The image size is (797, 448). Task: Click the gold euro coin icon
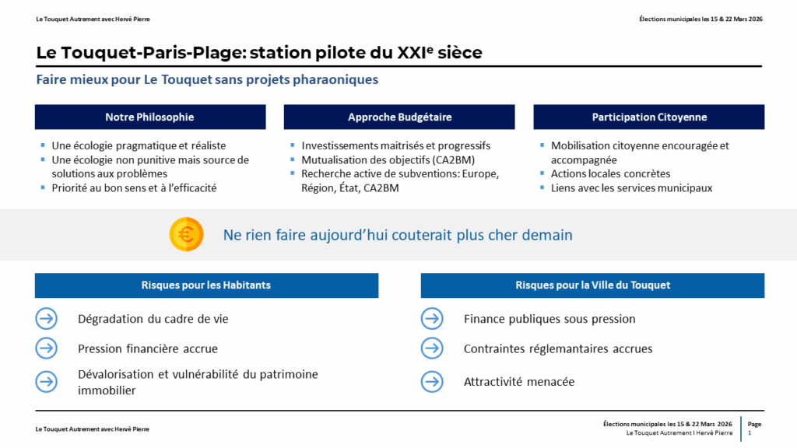tap(187, 234)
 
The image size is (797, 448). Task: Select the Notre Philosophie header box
tap(150, 117)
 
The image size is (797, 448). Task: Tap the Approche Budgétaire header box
tap(399, 117)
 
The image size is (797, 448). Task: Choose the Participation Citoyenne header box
tap(649, 117)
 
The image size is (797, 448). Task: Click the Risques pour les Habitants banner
tap(207, 285)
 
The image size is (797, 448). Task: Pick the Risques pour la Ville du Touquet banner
tap(592, 285)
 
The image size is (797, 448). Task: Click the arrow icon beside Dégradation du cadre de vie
tap(46, 319)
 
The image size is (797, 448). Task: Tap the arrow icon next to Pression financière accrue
tap(46, 348)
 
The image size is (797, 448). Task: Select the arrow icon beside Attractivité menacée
tap(432, 382)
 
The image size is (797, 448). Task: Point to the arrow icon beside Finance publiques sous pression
tap(432, 319)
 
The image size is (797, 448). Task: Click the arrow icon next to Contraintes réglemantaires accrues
tap(432, 348)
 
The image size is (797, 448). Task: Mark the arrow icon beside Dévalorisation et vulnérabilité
tap(46, 382)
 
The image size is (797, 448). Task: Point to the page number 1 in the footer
tap(750, 433)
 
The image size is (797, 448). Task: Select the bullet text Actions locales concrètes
tap(610, 173)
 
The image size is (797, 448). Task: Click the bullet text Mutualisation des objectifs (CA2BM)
tap(388, 160)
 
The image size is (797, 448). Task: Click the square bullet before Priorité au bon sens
tap(43, 187)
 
